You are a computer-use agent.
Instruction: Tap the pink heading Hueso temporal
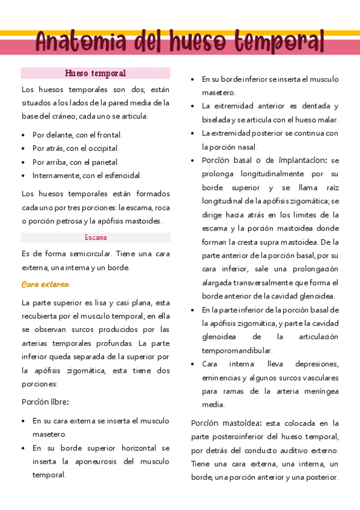96,73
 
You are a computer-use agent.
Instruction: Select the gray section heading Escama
96,238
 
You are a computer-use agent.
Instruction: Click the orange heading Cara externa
46,284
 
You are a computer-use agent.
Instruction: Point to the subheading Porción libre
45,402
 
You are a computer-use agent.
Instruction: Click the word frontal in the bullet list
108,135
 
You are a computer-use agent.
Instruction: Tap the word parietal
106,162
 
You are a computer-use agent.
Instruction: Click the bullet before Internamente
23,176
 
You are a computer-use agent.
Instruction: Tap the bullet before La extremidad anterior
192,106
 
